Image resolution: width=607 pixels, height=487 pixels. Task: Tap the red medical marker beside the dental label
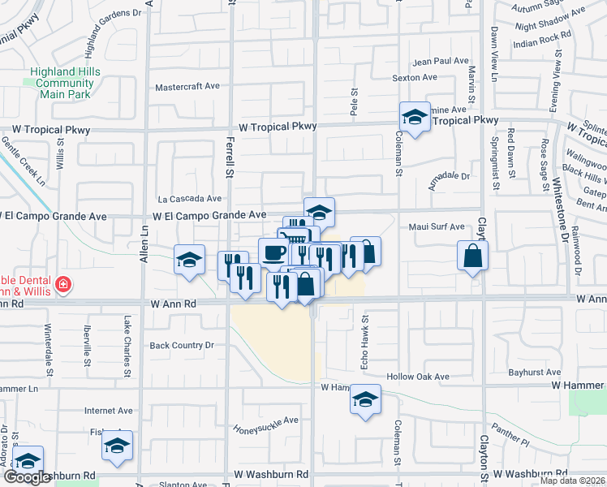point(62,285)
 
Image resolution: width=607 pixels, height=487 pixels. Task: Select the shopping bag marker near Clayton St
point(472,257)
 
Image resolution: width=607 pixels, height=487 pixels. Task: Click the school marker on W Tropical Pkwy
point(414,118)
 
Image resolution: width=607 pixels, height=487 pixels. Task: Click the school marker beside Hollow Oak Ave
point(365,400)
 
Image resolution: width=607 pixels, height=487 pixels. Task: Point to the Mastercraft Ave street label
point(187,86)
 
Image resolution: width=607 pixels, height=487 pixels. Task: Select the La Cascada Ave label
point(190,198)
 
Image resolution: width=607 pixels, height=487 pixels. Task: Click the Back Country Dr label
point(181,345)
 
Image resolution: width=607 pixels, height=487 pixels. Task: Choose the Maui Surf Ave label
point(436,227)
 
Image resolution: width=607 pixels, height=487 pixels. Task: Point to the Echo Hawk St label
point(364,334)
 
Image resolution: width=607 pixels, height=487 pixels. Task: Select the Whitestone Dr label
point(557,200)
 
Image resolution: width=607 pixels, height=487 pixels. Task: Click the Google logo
point(28,477)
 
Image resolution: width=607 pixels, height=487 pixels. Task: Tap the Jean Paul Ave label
point(441,61)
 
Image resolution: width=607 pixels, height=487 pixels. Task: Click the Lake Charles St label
point(127,347)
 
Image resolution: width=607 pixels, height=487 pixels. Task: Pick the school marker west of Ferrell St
point(189,261)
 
